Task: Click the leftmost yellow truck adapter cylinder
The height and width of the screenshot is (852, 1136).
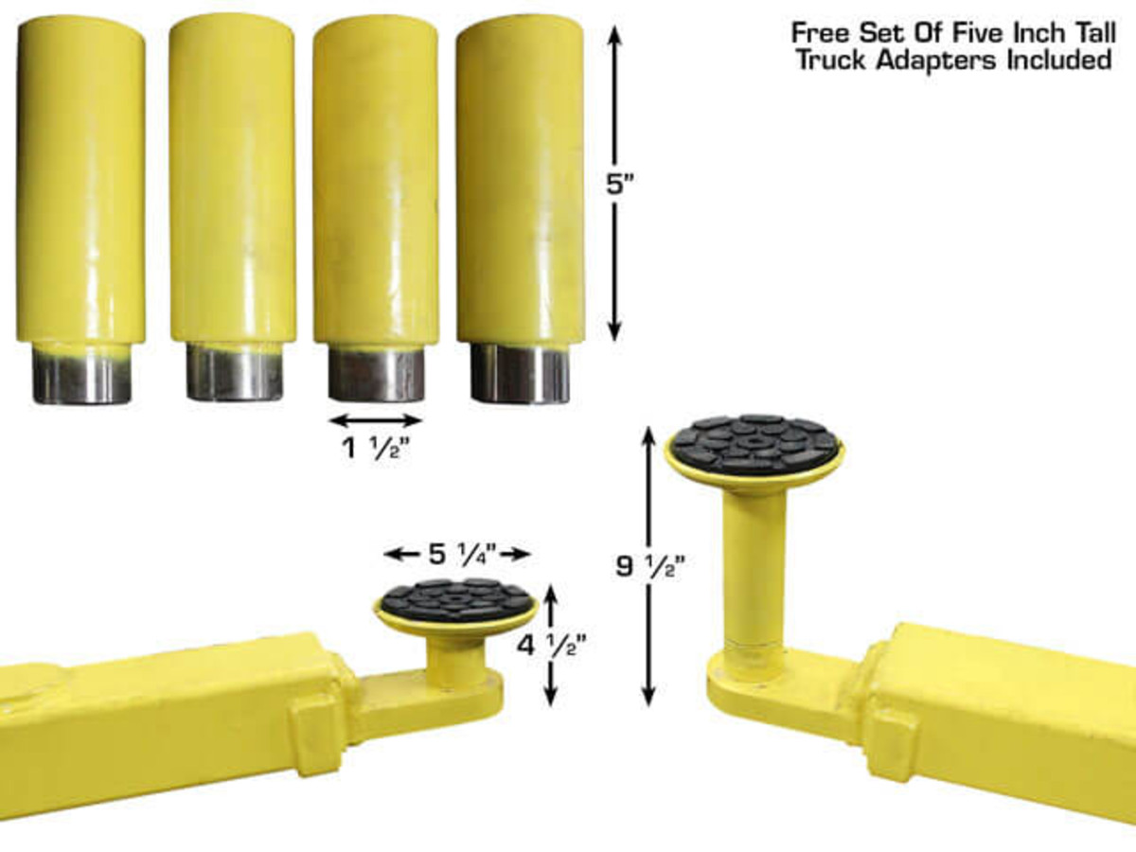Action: (80, 180)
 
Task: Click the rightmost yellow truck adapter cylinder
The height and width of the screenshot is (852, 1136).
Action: (520, 180)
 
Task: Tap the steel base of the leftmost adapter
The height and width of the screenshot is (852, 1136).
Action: (81, 376)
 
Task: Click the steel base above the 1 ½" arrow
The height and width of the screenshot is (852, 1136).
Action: (376, 376)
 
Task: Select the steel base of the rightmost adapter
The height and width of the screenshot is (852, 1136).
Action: (520, 376)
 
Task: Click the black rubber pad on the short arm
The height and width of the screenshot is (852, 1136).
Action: (455, 599)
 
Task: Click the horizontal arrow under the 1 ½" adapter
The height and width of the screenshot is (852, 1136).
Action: (375, 420)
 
